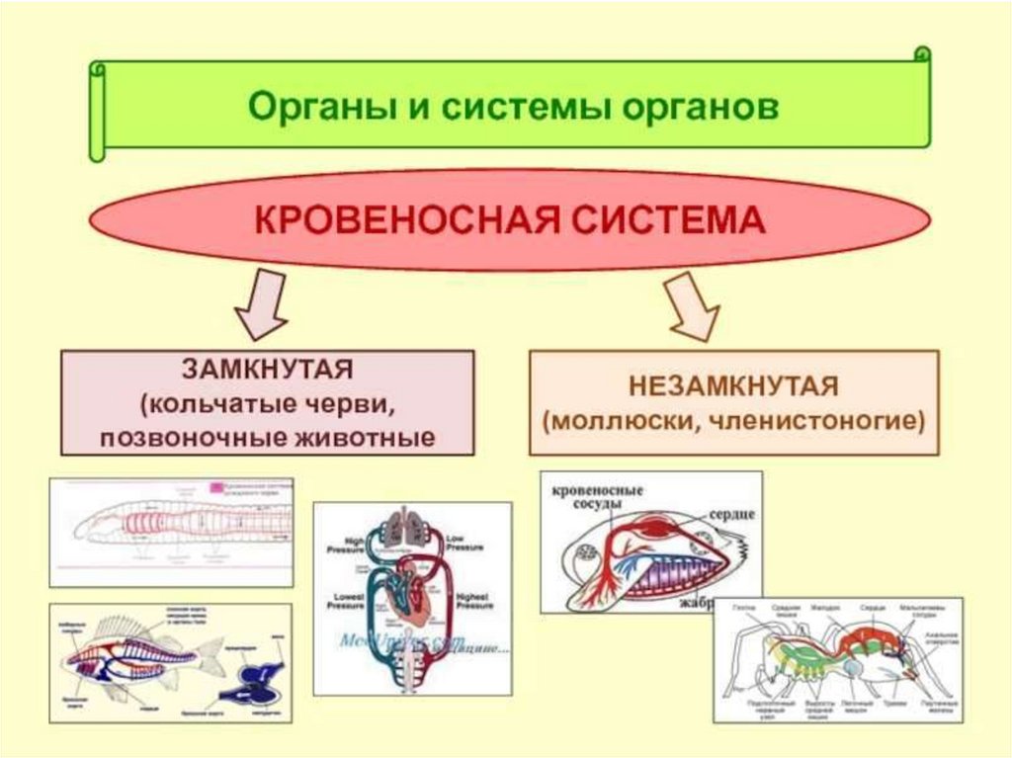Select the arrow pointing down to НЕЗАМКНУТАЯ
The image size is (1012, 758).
693,307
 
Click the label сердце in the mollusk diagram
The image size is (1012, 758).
731,515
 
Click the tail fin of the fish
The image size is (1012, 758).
212,652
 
